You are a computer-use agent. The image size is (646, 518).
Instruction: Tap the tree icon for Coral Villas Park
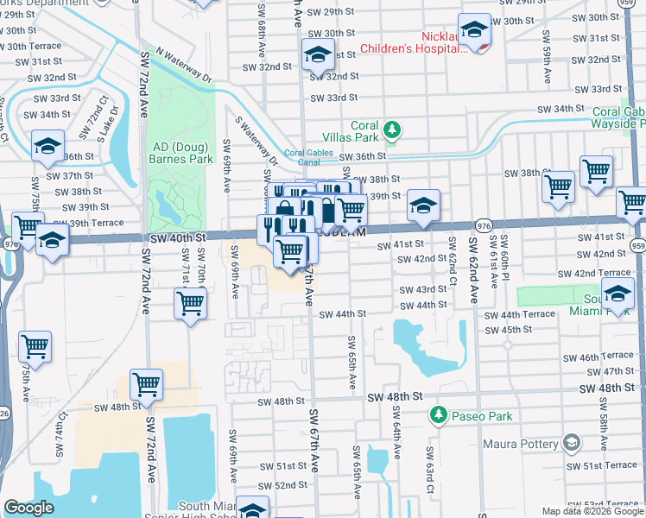(x=392, y=130)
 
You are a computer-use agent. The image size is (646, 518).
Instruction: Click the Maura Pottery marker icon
(x=571, y=443)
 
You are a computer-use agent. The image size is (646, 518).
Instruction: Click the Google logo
(x=28, y=508)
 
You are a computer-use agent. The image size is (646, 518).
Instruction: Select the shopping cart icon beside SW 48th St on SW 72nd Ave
(x=147, y=386)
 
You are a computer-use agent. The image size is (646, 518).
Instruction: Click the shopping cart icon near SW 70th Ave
(x=190, y=303)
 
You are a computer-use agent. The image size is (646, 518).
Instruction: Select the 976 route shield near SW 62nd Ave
(x=484, y=225)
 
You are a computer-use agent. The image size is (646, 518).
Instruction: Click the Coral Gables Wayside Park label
(x=618, y=118)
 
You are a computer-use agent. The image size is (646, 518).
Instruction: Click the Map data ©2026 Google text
(x=592, y=511)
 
